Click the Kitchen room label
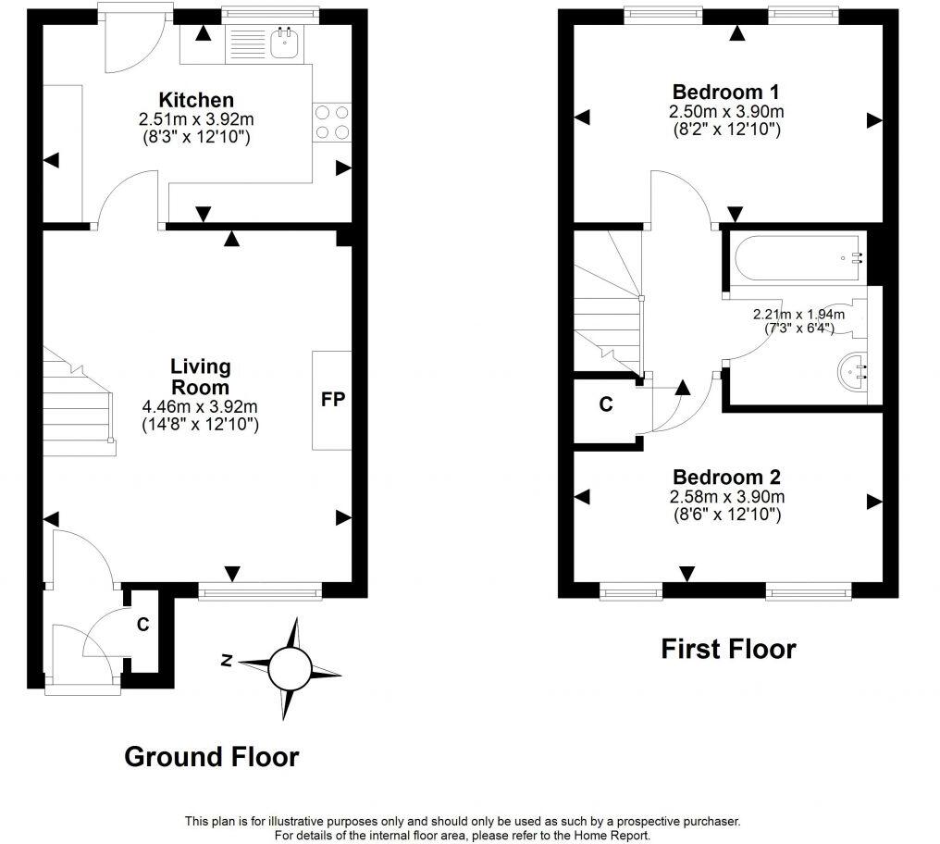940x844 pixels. pyautogui.click(x=195, y=100)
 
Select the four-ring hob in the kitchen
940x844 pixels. pyautogui.click(x=333, y=122)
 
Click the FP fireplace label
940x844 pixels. pyautogui.click(x=332, y=400)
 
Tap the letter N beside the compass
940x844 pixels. pyautogui.click(x=226, y=660)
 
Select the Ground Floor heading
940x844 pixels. pyautogui.click(x=211, y=756)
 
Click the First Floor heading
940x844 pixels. pyautogui.click(x=727, y=649)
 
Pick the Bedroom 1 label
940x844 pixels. pyautogui.click(x=725, y=93)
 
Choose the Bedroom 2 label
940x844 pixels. pyautogui.click(x=726, y=478)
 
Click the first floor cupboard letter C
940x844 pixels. pyautogui.click(x=606, y=404)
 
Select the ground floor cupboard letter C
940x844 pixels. pyautogui.click(x=143, y=625)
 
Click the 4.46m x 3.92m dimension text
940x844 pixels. pyautogui.click(x=199, y=406)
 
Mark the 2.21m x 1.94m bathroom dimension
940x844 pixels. pyautogui.click(x=798, y=315)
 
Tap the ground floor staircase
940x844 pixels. pyautogui.click(x=80, y=403)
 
